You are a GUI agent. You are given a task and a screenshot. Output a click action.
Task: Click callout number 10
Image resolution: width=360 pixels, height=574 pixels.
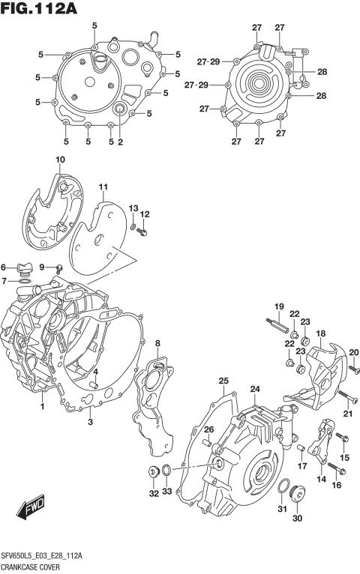(60, 159)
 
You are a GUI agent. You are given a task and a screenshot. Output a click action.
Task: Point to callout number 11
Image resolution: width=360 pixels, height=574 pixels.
(103, 187)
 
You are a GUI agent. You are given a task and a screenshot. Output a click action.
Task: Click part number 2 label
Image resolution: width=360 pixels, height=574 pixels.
(120, 142)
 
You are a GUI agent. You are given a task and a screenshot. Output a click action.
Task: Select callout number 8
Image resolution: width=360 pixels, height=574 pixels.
(157, 343)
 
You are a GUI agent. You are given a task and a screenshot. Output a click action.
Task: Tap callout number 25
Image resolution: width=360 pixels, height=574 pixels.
(223, 381)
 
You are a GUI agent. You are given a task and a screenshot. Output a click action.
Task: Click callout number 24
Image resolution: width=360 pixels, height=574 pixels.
(255, 389)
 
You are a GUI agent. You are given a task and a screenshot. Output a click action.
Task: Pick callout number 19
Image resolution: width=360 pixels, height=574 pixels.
(278, 306)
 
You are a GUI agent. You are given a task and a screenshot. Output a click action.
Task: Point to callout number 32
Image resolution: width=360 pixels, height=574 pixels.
(153, 493)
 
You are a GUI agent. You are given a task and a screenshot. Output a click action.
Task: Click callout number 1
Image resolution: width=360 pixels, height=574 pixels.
(42, 407)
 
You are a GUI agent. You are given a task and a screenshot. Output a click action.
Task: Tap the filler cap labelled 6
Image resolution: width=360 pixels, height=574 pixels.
(24, 267)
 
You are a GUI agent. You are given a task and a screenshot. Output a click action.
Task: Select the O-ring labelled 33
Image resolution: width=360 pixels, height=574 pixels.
(165, 472)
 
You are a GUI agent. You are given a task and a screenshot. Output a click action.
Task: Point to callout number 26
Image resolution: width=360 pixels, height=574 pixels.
(209, 429)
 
